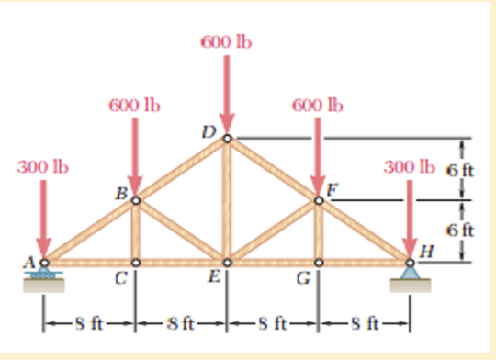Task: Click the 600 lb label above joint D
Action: [x=226, y=42]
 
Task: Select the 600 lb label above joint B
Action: [x=134, y=105]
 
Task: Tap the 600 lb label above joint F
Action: [x=318, y=105]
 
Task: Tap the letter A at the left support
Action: [x=30, y=263]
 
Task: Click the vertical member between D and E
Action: [x=227, y=202]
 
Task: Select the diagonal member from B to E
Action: [x=181, y=231]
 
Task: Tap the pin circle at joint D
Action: [x=227, y=140]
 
